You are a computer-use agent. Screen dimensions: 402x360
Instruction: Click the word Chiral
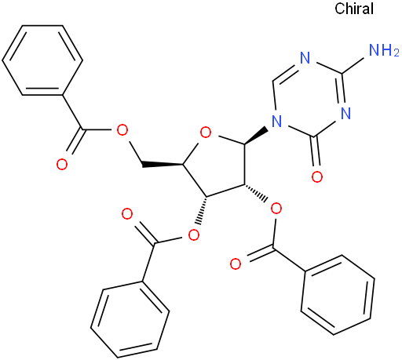[x=354, y=9]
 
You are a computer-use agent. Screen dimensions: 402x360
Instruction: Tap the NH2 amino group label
[x=383, y=49]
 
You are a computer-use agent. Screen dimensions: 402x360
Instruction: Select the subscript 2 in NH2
[x=396, y=53]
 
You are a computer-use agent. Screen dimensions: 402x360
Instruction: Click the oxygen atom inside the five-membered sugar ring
[x=206, y=133]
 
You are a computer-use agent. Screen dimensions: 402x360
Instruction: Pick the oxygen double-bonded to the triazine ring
[x=317, y=176]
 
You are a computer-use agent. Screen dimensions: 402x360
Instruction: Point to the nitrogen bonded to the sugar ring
[x=276, y=122]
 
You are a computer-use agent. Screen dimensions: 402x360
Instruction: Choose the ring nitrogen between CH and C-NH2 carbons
[x=305, y=57]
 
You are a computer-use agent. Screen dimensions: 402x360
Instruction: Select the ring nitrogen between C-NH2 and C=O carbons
[x=345, y=113]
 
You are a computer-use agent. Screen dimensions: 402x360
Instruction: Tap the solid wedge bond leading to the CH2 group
[x=163, y=165]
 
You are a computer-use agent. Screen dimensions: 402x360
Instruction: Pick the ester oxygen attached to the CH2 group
[x=122, y=130]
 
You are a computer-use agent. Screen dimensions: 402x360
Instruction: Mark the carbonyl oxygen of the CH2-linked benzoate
[x=62, y=164]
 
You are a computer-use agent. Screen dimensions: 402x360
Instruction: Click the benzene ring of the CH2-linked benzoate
[x=42, y=60]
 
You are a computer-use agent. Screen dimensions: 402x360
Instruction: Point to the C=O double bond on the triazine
[x=317, y=151]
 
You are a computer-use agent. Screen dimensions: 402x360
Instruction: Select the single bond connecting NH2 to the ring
[x=353, y=65]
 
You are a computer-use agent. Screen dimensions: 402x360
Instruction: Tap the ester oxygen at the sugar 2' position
[x=276, y=209]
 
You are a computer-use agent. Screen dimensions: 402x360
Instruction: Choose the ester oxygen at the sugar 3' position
[x=194, y=235]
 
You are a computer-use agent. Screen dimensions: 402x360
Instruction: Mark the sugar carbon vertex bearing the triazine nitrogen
[x=245, y=144]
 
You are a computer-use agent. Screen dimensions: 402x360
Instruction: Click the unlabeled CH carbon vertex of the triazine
[x=273, y=80]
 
